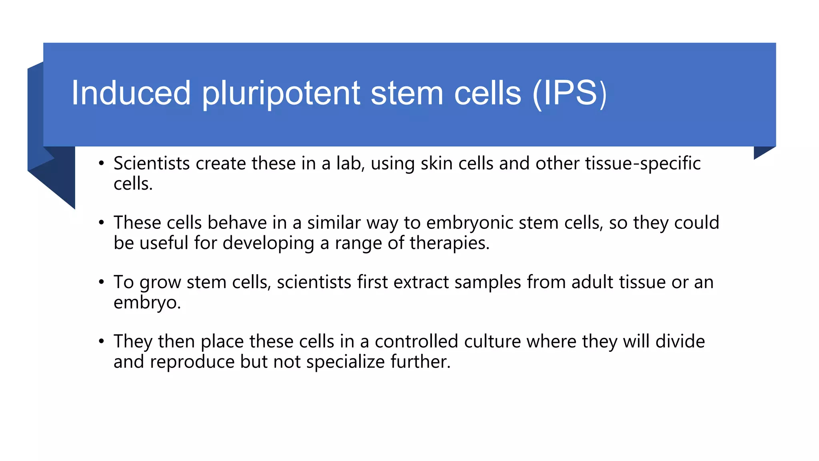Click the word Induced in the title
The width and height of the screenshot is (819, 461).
coord(131,93)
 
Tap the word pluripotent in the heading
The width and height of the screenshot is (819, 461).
coord(281,94)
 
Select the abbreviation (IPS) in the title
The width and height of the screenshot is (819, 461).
coord(569,94)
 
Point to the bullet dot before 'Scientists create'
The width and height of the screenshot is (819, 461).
coord(102,163)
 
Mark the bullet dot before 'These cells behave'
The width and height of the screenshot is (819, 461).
coord(102,222)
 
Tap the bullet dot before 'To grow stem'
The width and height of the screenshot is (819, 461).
coord(102,282)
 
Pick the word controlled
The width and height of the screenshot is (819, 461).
coord(416,341)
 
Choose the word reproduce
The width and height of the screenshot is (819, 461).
coord(192,362)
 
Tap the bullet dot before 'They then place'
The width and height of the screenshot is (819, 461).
coord(102,341)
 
